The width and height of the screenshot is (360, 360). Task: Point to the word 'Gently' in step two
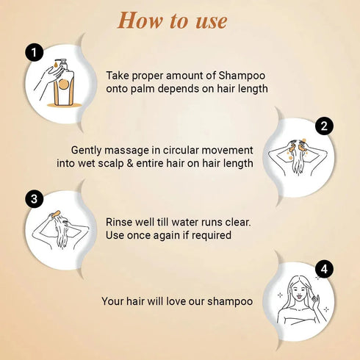[x=90, y=149]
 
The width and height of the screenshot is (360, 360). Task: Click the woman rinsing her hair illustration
[x=61, y=230]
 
